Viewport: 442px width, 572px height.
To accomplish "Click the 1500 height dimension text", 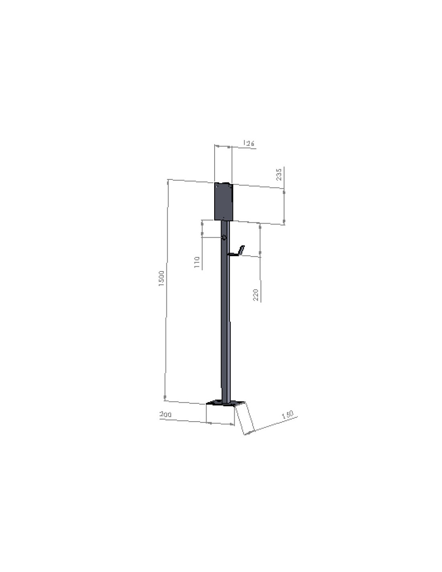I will [162, 278].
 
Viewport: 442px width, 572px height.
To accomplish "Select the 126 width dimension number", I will [249, 143].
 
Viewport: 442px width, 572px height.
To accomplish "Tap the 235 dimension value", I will [279, 174].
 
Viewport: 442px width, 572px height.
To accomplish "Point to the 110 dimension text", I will [197, 262].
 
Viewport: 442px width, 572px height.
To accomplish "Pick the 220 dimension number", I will [256, 295].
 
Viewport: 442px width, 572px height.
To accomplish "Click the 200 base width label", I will [166, 414].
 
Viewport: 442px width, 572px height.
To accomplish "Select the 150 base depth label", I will [288, 415].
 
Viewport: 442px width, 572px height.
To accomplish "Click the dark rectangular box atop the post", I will [223, 202].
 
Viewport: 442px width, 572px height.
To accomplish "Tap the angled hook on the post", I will [237, 251].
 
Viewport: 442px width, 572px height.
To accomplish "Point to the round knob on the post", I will [224, 238].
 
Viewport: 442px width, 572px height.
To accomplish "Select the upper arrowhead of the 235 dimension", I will [284, 192].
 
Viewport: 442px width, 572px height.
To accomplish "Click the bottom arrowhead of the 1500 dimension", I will [165, 397].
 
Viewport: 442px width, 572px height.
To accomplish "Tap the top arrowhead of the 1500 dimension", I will [168, 183].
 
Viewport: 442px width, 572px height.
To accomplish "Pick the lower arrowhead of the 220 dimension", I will [260, 253].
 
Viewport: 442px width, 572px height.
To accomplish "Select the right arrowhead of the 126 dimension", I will [229, 148].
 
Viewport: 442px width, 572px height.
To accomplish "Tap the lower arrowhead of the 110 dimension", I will [202, 234].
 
